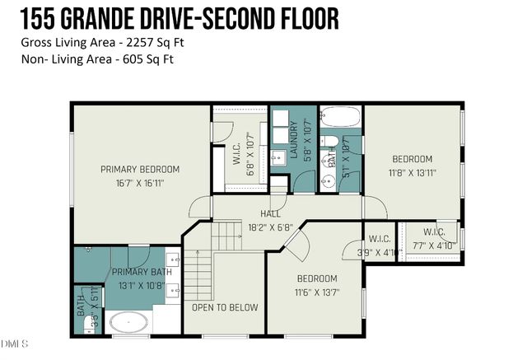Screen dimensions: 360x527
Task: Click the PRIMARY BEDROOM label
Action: click(x=140, y=170)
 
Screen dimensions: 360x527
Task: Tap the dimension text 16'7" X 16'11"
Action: click(x=140, y=183)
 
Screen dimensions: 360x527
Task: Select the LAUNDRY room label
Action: click(x=292, y=141)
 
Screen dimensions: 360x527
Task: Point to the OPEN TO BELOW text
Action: click(x=225, y=308)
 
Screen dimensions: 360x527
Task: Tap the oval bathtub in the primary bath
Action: click(x=129, y=323)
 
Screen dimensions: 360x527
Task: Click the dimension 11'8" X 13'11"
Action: click(x=413, y=173)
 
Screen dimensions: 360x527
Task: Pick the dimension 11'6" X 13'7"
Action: click(x=317, y=292)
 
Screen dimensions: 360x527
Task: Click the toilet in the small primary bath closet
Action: click(x=91, y=326)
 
